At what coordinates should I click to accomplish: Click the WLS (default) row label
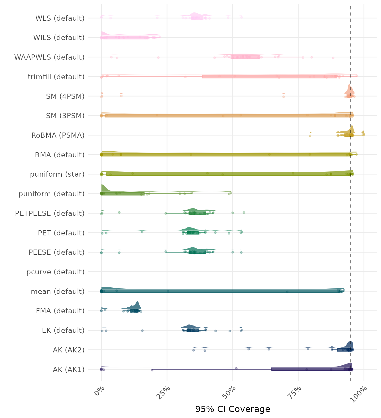tap(60, 18)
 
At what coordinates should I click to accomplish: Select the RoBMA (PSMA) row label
tap(58, 135)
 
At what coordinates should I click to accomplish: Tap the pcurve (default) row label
tap(56, 272)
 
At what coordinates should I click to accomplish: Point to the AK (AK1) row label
tap(69, 370)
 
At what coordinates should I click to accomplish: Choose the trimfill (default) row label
tap(56, 77)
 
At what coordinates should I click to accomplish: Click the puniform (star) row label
tap(57, 174)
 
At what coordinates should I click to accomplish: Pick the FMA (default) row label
tap(60, 311)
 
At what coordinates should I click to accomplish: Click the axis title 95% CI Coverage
tap(233, 409)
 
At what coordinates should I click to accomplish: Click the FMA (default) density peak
tap(137, 302)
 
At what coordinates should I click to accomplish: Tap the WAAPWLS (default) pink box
tap(245, 57)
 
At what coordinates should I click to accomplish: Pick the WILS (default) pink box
tap(126, 38)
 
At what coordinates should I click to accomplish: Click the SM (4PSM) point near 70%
tap(284, 96)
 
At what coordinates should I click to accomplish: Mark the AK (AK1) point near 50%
tap(236, 368)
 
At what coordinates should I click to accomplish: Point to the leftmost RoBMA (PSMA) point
tap(310, 136)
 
